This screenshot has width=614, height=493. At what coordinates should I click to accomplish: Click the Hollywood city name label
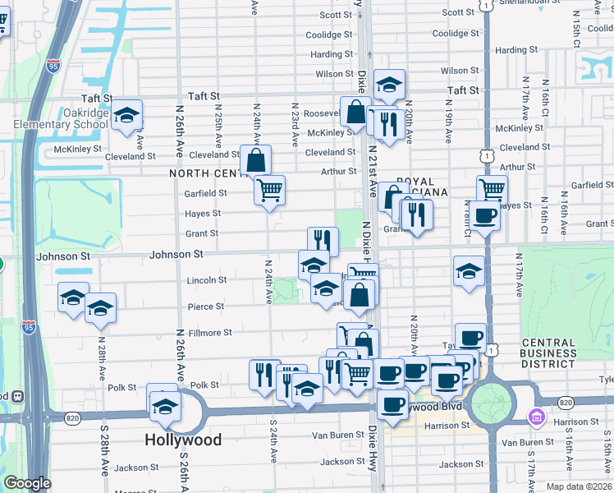(183, 440)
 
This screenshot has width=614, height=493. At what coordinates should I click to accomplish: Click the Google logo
(27, 483)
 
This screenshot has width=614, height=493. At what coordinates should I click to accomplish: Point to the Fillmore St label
(210, 333)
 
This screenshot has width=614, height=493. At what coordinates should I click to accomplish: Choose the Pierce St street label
(207, 306)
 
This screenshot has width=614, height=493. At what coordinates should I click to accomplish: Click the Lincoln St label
(207, 280)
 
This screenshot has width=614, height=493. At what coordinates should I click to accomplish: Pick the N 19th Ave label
(449, 124)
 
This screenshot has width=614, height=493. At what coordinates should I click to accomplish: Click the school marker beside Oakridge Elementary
(126, 117)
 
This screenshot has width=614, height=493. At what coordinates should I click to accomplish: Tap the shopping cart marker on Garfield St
(269, 191)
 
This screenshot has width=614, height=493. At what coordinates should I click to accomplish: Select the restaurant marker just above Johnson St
(323, 241)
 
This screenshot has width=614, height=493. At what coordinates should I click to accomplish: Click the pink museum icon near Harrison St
(538, 417)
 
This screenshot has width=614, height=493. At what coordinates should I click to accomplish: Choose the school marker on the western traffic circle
(165, 406)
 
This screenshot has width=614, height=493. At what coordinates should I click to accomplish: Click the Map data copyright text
(579, 486)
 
